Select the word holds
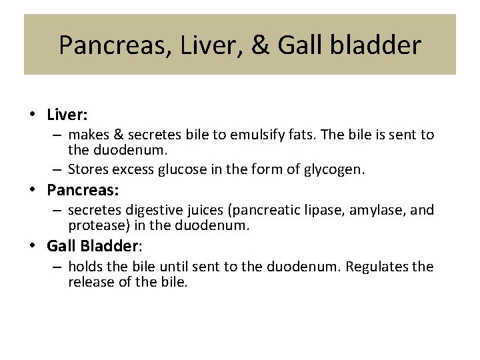(x=85, y=267)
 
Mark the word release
(x=89, y=282)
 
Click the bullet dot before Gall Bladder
(x=33, y=246)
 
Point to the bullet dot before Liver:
(x=33, y=115)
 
